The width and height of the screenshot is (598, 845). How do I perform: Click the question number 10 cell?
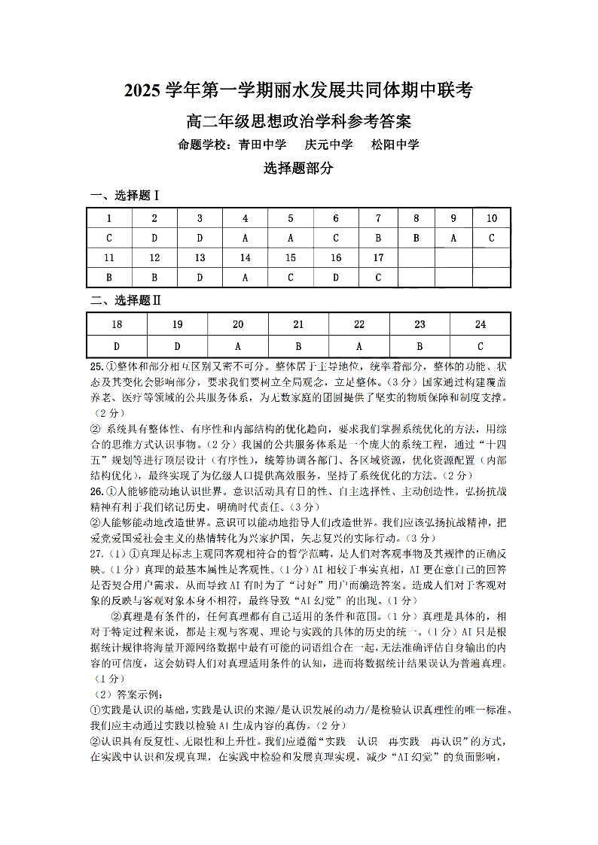coord(492,219)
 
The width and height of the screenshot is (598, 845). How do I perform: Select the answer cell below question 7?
coord(379,239)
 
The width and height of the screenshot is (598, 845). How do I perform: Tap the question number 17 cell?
coord(379,258)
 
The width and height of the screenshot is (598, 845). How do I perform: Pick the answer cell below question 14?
coord(246,278)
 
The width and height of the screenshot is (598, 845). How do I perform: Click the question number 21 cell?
coord(298,324)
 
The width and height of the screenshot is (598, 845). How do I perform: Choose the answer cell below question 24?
coord(481,346)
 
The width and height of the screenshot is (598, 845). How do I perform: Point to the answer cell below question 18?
coord(117,346)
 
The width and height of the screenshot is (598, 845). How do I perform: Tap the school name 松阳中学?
coord(395,144)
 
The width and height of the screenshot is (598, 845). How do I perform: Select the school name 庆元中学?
coord(329,144)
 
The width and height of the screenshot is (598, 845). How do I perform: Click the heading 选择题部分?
coord(298,169)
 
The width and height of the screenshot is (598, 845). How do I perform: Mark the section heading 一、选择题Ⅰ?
coord(125,196)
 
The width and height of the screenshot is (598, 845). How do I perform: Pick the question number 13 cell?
coord(200,258)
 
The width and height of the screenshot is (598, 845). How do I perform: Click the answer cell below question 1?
coord(109,239)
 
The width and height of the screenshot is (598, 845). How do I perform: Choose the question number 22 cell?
coord(359,324)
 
